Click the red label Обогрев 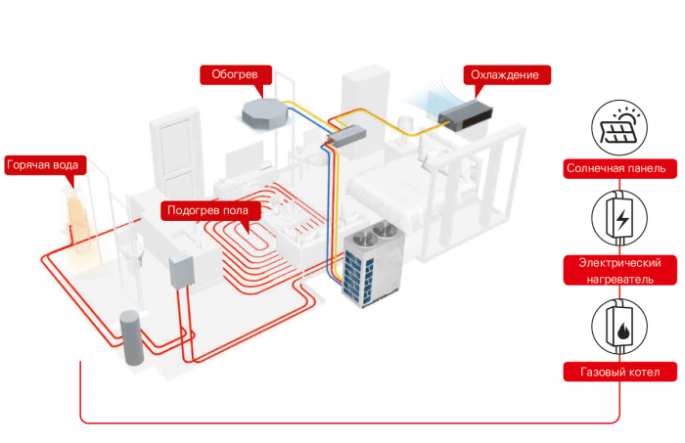(x=235, y=74)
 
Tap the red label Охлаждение (x=504, y=74)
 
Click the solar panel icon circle (x=618, y=125)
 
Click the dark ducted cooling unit (x=466, y=115)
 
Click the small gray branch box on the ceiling (x=347, y=135)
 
